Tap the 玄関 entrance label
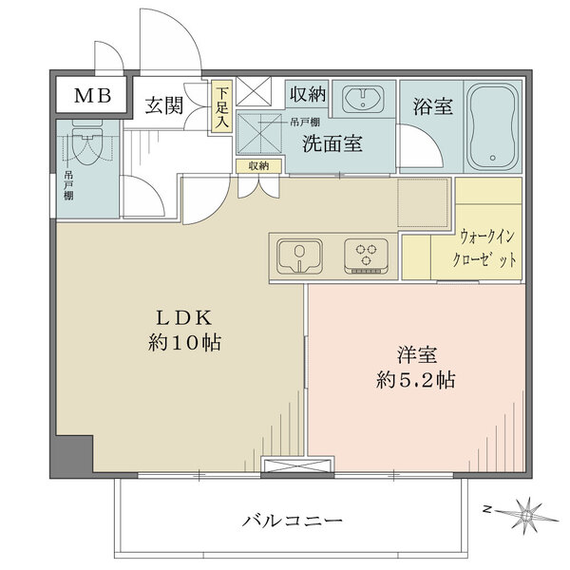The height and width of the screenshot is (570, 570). click(165, 106)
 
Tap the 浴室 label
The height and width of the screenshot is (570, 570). click(430, 106)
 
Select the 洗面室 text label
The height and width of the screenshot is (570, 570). click(332, 144)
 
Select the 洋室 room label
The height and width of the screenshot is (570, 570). click(417, 356)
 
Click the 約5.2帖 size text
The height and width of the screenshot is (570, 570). click(417, 381)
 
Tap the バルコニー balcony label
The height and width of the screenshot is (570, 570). click(292, 520)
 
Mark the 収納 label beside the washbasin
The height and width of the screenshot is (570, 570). click(309, 95)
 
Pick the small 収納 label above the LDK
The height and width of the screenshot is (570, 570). click(258, 165)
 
